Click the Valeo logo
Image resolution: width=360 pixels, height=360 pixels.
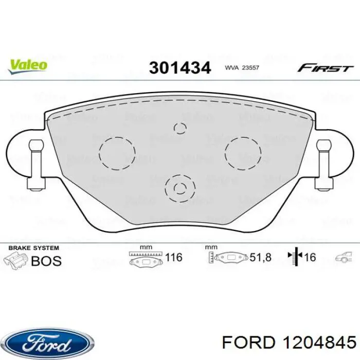[x=28, y=66]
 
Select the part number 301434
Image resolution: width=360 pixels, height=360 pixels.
[x=180, y=68]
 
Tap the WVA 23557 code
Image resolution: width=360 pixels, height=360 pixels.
[x=242, y=68]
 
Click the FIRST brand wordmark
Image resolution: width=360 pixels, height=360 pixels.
[x=325, y=68]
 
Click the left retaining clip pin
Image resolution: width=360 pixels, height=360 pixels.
[x=37, y=165]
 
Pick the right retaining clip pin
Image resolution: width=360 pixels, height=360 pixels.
[x=323, y=165]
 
